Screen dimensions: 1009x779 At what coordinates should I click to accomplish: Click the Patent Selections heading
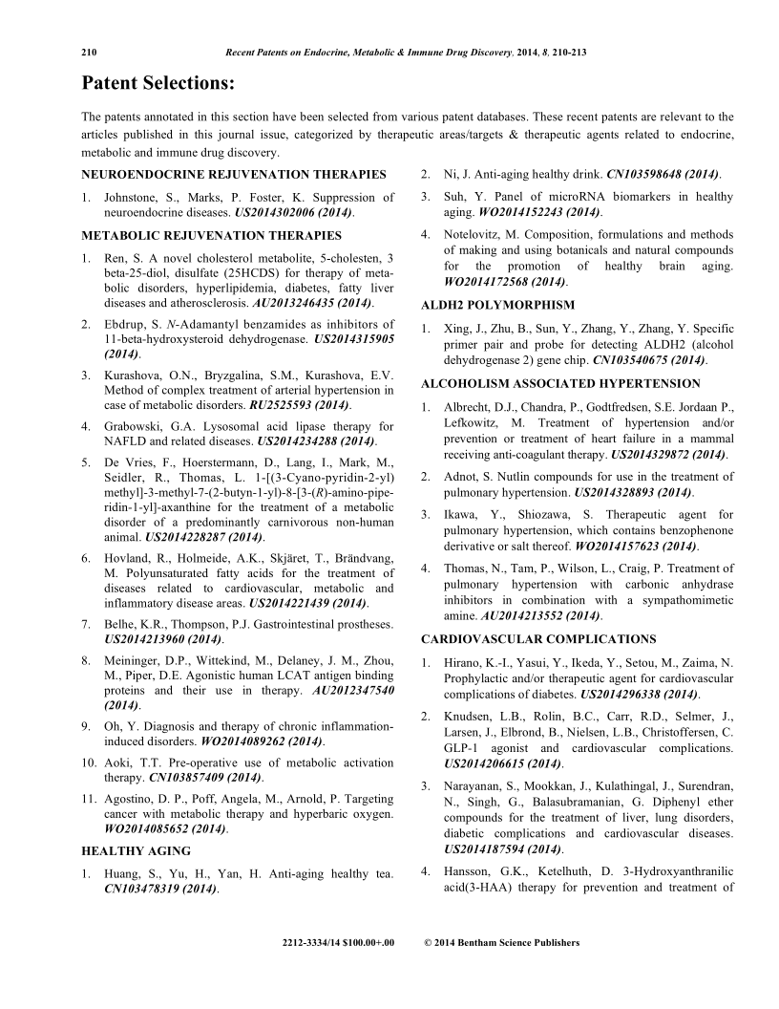[x=158, y=84]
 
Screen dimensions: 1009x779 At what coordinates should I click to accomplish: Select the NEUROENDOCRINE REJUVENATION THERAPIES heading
[x=234, y=175]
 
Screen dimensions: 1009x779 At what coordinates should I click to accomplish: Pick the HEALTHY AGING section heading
[x=136, y=850]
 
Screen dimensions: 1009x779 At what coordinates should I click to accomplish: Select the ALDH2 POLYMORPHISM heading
[x=497, y=305]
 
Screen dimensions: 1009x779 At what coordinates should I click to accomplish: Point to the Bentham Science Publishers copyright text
[x=500, y=943]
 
